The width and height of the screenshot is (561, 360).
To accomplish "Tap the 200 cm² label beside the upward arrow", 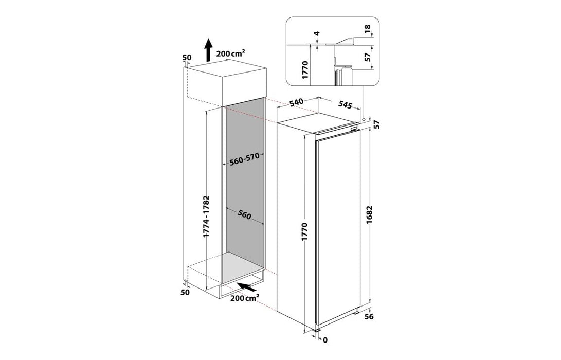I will (x=230, y=53).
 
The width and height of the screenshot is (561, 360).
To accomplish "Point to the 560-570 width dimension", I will (x=244, y=159).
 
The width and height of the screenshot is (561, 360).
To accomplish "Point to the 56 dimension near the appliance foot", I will (x=382, y=317).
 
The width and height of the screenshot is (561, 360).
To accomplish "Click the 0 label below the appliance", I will (x=325, y=339).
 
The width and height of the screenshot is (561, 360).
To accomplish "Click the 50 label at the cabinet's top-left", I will (x=186, y=58).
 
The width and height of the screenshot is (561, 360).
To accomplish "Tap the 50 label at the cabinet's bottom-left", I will (x=185, y=292).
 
